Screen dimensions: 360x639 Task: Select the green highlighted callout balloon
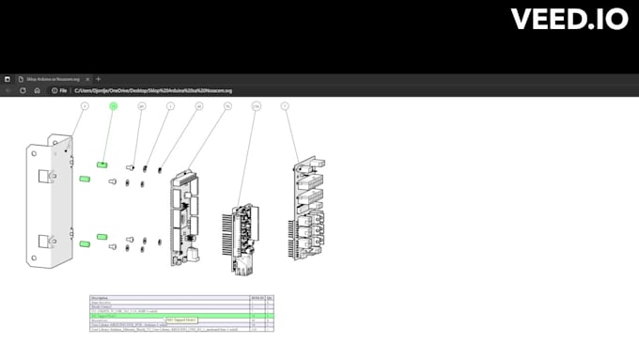pyautogui.click(x=114, y=107)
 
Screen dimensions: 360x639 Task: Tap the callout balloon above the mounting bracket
pyautogui.click(x=84, y=107)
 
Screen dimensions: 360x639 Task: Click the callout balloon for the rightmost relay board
pyautogui.click(x=285, y=107)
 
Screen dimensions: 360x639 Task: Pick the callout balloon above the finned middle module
pyautogui.click(x=256, y=107)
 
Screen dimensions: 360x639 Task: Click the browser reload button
pyautogui.click(x=23, y=90)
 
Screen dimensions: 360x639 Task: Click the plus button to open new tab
pyautogui.click(x=98, y=79)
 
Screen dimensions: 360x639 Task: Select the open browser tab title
pyautogui.click(x=56, y=79)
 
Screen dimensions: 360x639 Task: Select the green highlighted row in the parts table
pyautogui.click(x=169, y=316)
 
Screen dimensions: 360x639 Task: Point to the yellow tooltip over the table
pyautogui.click(x=182, y=321)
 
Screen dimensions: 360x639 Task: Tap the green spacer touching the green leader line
pyautogui.click(x=101, y=164)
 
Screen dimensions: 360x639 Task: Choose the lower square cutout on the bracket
pyautogui.click(x=43, y=242)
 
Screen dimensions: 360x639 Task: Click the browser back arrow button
pyautogui.click(x=8, y=90)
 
